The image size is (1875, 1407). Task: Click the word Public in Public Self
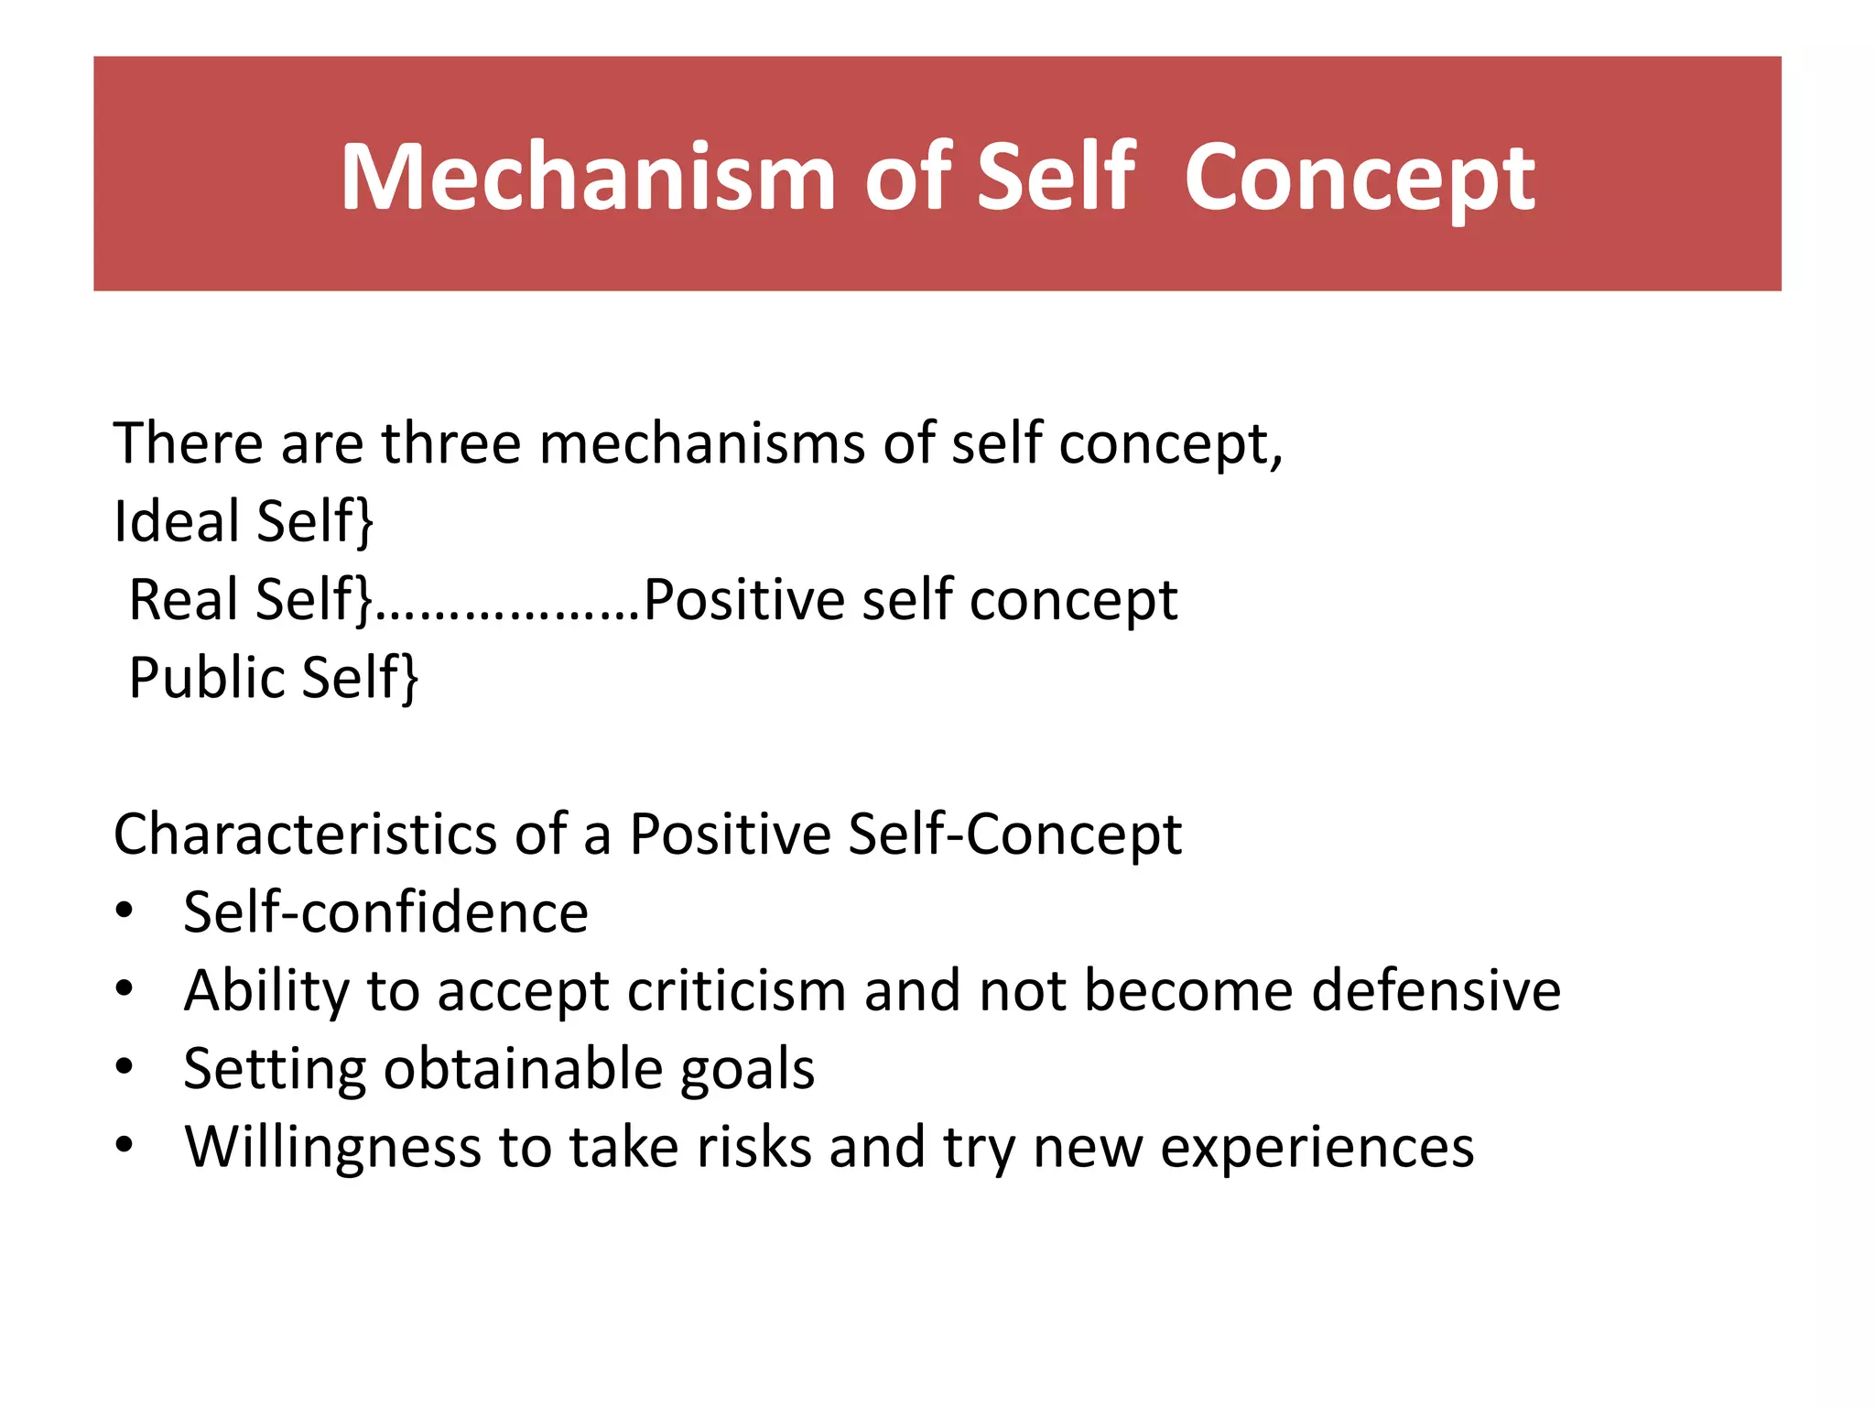tap(207, 678)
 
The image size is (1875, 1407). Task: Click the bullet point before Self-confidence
tap(125, 912)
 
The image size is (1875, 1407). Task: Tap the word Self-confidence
tap(385, 912)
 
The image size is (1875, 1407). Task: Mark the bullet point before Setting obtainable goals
tap(125, 1068)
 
